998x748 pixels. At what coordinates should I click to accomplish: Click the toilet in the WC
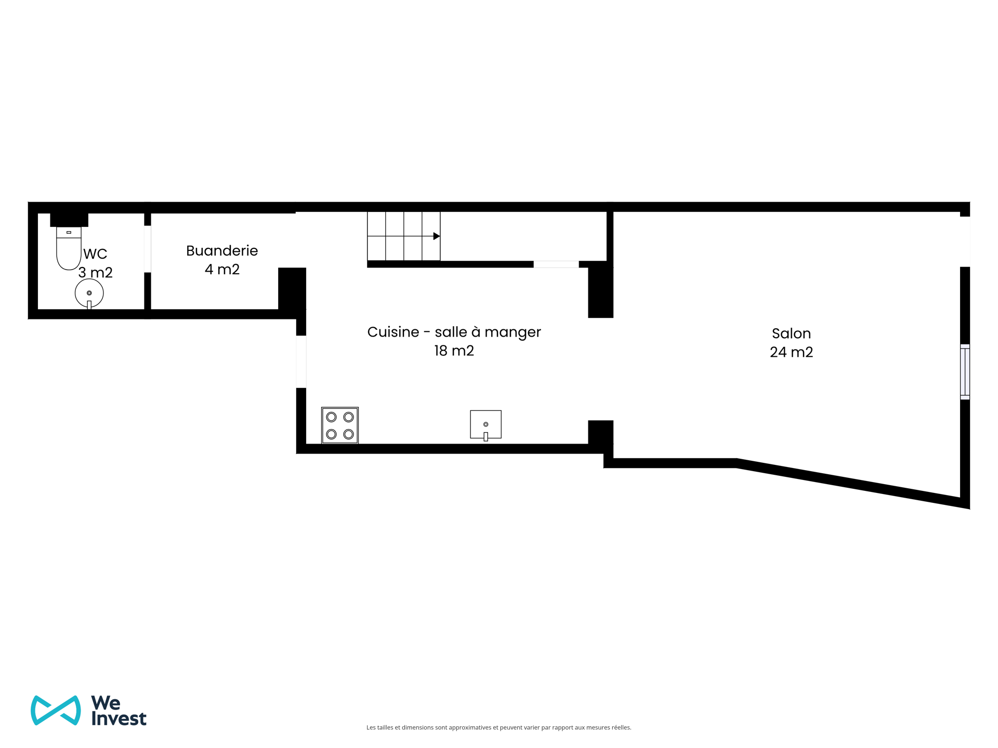(69, 248)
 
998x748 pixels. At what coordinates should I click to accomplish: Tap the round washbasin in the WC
(89, 293)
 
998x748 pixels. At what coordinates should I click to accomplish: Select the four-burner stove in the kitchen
(340, 425)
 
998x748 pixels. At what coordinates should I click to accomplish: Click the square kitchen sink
(486, 425)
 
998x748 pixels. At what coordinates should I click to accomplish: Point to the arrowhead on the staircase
(437, 236)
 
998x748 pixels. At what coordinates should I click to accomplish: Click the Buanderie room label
(222, 251)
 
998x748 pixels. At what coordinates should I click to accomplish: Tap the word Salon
(791, 333)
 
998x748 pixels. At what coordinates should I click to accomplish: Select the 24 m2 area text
(791, 352)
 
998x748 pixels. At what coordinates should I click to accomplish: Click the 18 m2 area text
(454, 351)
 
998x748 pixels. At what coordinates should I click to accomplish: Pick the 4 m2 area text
(222, 269)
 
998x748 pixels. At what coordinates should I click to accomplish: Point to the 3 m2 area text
(96, 273)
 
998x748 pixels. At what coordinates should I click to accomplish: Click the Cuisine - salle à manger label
(454, 332)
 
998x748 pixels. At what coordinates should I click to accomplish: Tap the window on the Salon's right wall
(965, 372)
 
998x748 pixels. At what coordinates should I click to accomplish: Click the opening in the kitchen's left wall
(301, 362)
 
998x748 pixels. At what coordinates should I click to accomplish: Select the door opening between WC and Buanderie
(148, 249)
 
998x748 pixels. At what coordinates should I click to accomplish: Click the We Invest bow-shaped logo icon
(56, 710)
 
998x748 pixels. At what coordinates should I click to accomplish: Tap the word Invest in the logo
(119, 718)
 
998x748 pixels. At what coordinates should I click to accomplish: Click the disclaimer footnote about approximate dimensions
(499, 728)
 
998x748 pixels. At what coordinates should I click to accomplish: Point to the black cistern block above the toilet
(69, 220)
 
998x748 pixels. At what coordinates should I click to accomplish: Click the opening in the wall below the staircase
(556, 264)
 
